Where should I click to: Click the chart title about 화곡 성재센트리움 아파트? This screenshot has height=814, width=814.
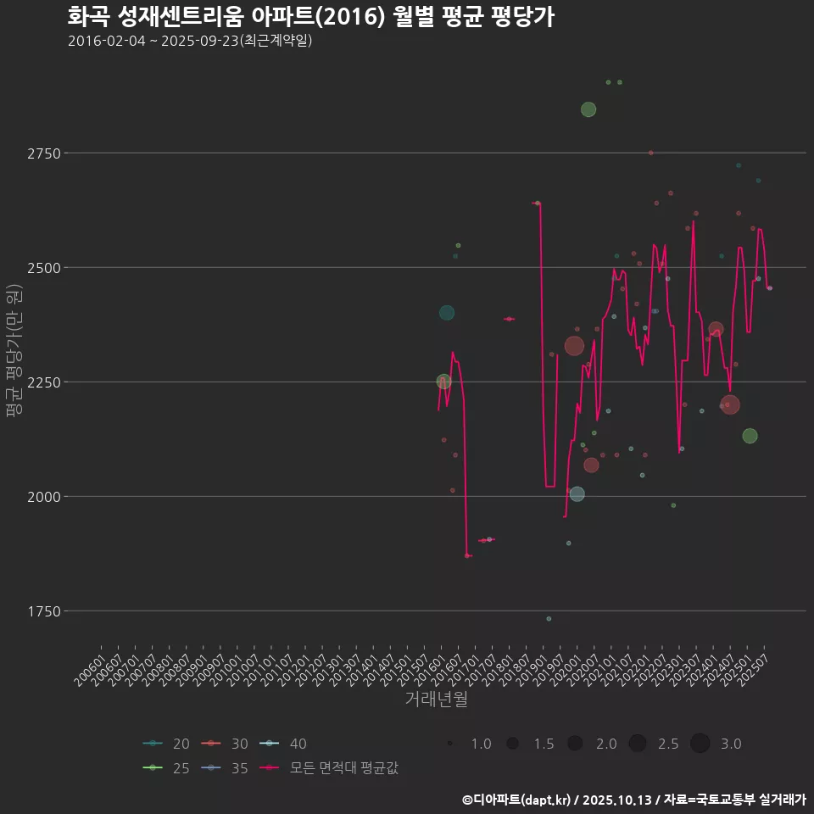point(310,17)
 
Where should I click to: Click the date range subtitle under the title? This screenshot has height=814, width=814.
point(190,41)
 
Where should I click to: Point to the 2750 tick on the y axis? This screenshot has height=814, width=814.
point(44,153)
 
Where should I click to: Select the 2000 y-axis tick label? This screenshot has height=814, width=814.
point(44,497)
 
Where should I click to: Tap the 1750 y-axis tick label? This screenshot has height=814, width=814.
point(44,611)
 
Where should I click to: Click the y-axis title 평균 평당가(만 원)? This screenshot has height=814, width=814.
point(14,351)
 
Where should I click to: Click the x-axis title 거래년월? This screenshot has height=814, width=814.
point(436,699)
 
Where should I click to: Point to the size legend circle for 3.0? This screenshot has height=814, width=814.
point(700,744)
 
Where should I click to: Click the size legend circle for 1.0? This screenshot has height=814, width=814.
point(450,744)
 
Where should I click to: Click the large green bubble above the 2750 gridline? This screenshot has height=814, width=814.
point(588,109)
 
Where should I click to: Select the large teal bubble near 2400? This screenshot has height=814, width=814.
point(447,313)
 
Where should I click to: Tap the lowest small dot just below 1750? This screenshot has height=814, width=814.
point(549,619)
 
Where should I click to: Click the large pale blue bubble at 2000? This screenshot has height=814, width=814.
point(577,494)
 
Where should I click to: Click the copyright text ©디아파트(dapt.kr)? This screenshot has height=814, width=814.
point(518,800)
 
